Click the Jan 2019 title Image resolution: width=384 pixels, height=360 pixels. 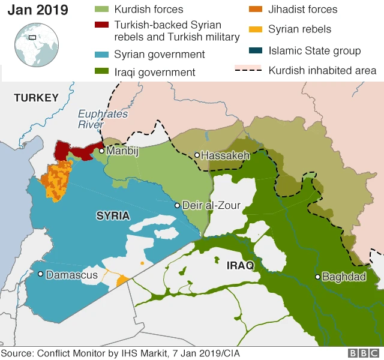pos(38,10)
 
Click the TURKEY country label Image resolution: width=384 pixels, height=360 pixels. pos(36,98)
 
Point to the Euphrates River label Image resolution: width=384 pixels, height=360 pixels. pos(94,119)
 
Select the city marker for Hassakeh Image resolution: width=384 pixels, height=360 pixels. pos(196,155)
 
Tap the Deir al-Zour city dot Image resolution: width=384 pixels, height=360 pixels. pos(177,206)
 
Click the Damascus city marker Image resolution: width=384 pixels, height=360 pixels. pos(40,274)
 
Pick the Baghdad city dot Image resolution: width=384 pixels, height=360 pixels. pos(317,277)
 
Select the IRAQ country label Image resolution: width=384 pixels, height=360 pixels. pos(240,265)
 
